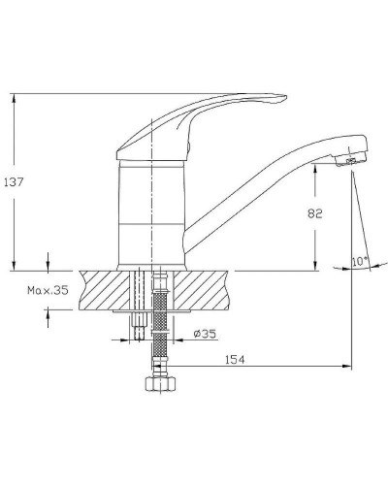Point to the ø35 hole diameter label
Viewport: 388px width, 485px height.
(204, 335)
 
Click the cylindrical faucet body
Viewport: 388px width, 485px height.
(151, 213)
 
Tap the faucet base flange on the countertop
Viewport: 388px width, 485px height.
(151, 266)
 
